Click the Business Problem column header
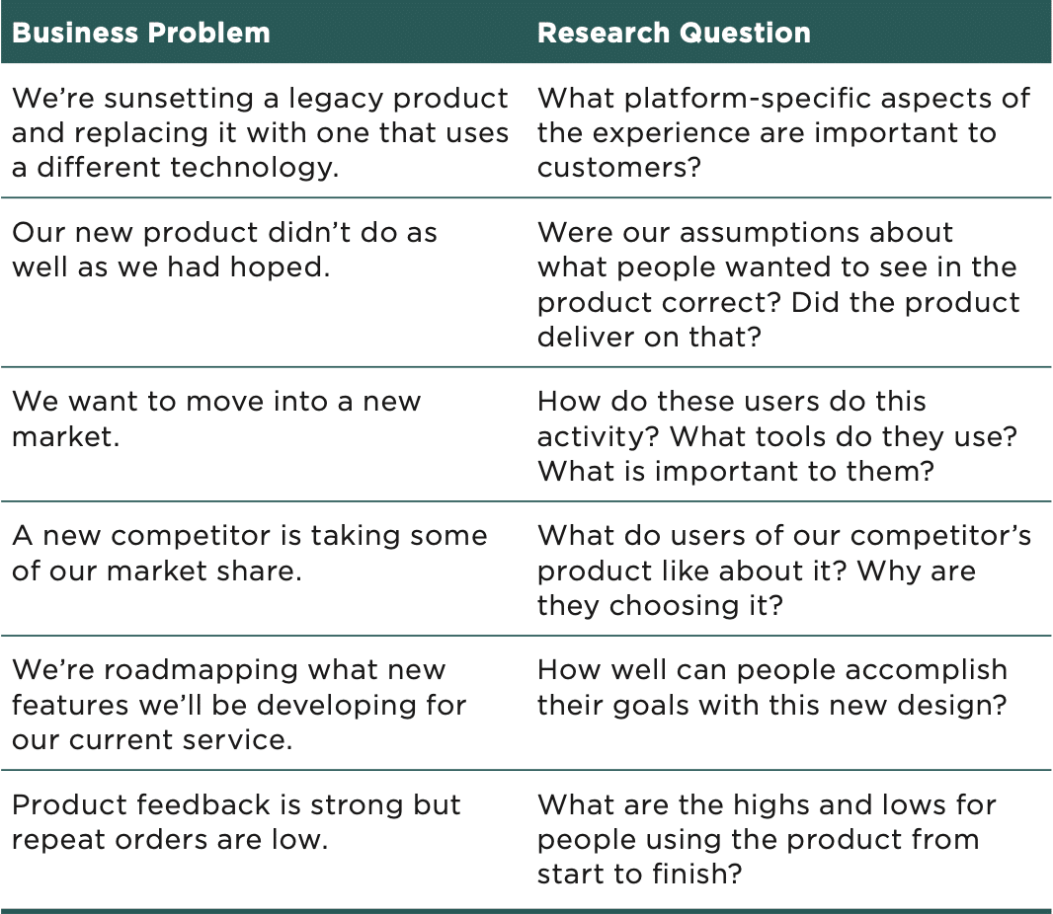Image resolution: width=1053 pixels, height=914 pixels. coord(141,33)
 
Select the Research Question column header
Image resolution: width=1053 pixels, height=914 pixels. coord(674,33)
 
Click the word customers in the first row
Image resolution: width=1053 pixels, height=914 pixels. coord(618,168)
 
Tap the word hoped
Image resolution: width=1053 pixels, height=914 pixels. coord(280,268)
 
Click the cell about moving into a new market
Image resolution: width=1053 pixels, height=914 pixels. coord(216,419)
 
